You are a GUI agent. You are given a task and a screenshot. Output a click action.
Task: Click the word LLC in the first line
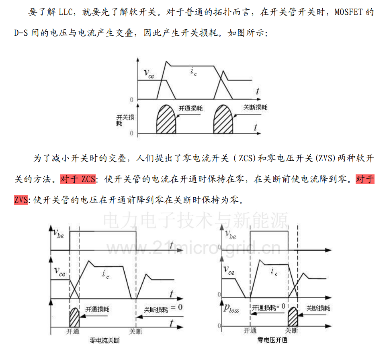pyautogui.click(x=66, y=12)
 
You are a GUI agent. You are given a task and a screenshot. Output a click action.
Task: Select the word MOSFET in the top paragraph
pyautogui.click(x=348, y=12)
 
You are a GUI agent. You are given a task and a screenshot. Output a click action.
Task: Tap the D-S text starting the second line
pyautogui.click(x=21, y=33)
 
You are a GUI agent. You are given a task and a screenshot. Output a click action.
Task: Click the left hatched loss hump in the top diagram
pyautogui.click(x=166, y=119)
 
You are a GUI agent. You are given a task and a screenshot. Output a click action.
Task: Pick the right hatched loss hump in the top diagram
pyautogui.click(x=223, y=119)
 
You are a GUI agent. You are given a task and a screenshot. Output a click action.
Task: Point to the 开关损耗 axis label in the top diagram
pyautogui.click(x=125, y=120)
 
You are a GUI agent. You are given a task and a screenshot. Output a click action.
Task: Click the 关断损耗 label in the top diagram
pyautogui.click(x=255, y=107)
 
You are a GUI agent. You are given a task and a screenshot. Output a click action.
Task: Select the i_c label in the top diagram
pyautogui.click(x=194, y=72)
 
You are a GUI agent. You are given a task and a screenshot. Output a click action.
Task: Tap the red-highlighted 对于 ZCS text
pyautogui.click(x=78, y=179)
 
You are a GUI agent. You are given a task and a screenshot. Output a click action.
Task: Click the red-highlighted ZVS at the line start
pyautogui.click(x=21, y=200)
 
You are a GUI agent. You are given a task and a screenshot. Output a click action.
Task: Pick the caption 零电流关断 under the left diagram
pyautogui.click(x=105, y=341)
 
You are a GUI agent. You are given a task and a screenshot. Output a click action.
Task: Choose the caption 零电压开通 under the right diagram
pyautogui.click(x=272, y=340)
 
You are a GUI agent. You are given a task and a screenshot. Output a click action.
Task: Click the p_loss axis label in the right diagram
pyautogui.click(x=231, y=309)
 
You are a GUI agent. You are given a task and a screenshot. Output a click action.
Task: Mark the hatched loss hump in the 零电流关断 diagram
pyautogui.click(x=74, y=317)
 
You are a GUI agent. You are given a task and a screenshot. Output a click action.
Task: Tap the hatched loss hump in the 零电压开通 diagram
pyautogui.click(x=293, y=316)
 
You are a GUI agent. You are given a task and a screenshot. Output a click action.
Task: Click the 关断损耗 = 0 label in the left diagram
pyautogui.click(x=163, y=309)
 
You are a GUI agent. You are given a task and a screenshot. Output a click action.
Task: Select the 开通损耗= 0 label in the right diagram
pyautogui.click(x=268, y=307)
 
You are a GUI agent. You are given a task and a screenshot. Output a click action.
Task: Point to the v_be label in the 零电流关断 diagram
pyautogui.click(x=58, y=233)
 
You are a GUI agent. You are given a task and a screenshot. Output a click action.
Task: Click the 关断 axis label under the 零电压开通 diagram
pyautogui.click(x=291, y=331)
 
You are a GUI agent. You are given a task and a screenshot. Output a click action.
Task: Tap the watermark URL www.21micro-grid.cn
pyautogui.click(x=194, y=248)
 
